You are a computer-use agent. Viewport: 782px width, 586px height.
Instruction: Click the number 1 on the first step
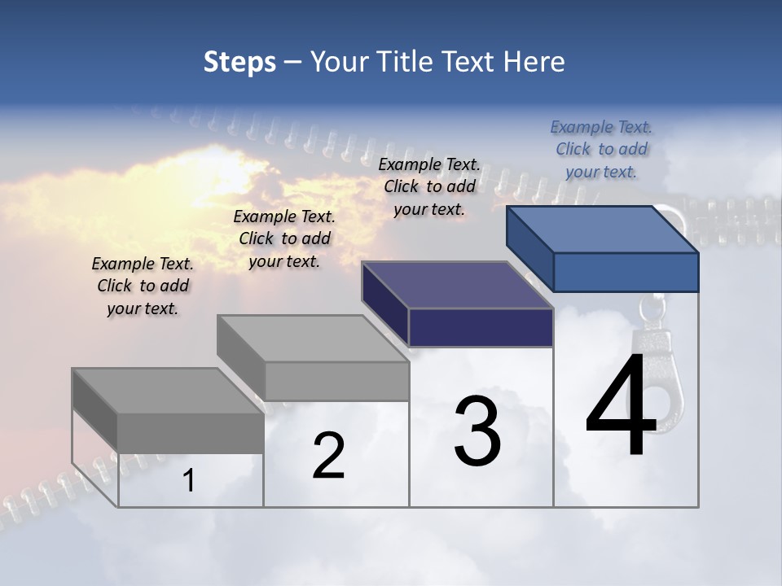click(x=189, y=481)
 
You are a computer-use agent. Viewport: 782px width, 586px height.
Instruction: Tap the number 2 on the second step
click(x=328, y=456)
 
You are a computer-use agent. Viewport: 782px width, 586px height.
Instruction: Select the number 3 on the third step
click(x=477, y=431)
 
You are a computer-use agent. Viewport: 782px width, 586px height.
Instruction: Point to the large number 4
click(x=621, y=406)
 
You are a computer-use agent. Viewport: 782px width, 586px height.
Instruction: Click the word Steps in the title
click(x=239, y=62)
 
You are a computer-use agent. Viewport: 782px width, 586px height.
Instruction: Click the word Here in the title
click(x=535, y=62)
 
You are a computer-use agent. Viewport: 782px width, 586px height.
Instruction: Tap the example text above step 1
click(x=143, y=286)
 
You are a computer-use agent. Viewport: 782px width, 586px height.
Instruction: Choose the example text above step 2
click(x=284, y=238)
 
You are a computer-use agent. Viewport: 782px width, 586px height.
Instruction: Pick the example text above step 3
click(x=429, y=186)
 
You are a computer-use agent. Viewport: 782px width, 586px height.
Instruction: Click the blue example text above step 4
click(x=601, y=149)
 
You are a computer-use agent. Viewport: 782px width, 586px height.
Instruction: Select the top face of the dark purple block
click(x=457, y=285)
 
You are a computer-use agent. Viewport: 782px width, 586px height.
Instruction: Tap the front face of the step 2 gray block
click(x=337, y=381)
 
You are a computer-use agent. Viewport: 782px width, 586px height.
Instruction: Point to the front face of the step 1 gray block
click(x=191, y=433)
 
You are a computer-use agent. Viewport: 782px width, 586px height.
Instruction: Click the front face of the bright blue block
click(x=626, y=272)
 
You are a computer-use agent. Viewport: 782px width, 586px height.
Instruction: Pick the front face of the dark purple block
click(x=481, y=327)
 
